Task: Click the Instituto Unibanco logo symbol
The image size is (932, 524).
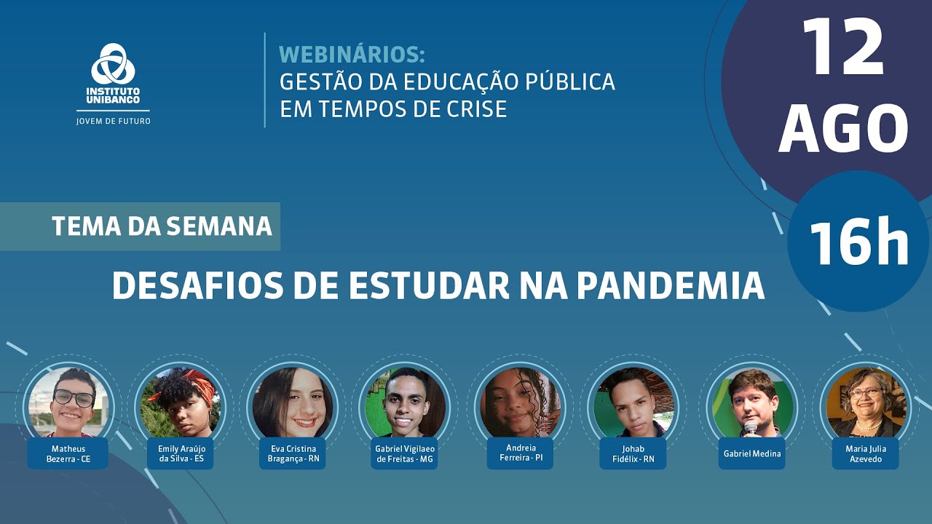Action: click(113, 64)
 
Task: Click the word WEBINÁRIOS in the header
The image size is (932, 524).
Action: click(352, 55)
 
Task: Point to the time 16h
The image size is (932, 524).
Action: click(858, 242)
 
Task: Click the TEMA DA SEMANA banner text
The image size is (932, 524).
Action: click(162, 226)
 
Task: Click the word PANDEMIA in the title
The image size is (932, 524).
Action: click(671, 286)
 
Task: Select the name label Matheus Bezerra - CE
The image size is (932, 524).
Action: click(68, 454)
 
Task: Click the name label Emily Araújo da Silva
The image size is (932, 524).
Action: click(181, 454)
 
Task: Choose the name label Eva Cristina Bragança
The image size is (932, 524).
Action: click(293, 454)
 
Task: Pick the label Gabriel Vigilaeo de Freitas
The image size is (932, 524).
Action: click(405, 454)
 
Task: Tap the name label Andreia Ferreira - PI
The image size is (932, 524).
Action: click(520, 453)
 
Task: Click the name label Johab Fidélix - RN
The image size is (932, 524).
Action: click(632, 454)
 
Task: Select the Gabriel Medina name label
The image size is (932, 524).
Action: click(751, 453)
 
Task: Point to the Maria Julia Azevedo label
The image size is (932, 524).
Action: click(866, 454)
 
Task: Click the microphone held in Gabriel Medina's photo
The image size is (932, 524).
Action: click(751, 428)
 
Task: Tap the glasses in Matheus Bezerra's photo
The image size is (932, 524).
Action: click(74, 398)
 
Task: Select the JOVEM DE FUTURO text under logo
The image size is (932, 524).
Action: click(113, 121)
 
